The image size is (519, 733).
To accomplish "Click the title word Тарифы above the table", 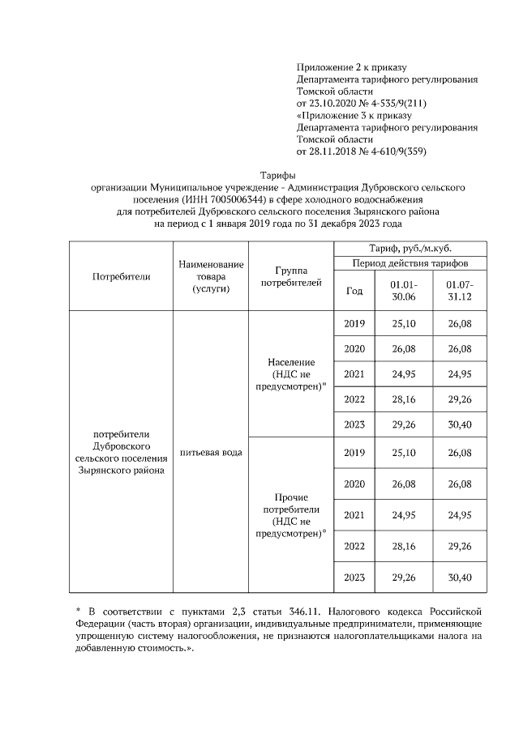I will [277, 174].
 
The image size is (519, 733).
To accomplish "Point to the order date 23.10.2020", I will [335, 104].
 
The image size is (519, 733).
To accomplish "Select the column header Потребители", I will [122, 276].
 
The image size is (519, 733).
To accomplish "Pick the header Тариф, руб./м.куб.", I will [410, 249].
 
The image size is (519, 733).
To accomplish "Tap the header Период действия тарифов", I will [410, 263].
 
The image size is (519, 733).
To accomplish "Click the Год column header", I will [354, 291].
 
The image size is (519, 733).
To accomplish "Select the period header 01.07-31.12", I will [460, 291].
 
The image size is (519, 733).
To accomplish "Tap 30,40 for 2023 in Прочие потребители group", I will [460, 577].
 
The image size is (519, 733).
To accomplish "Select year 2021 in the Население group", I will [354, 374].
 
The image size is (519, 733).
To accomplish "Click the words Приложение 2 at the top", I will [332, 66].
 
